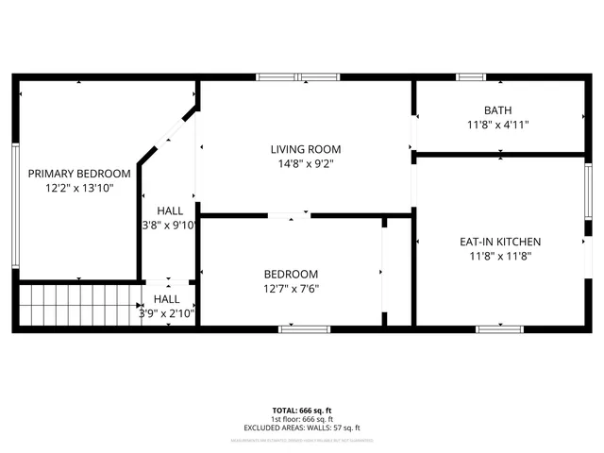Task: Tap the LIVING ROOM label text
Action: click(305, 149)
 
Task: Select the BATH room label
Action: click(497, 110)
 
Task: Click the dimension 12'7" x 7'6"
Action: click(291, 289)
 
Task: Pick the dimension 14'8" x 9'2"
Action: click(305, 163)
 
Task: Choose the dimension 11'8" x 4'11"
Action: click(497, 125)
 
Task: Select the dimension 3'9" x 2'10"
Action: click(167, 313)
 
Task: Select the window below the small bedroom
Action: click(304, 329)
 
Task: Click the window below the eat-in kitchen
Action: click(499, 329)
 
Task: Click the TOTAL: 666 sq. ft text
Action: click(302, 411)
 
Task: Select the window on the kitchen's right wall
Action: click(588, 194)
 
